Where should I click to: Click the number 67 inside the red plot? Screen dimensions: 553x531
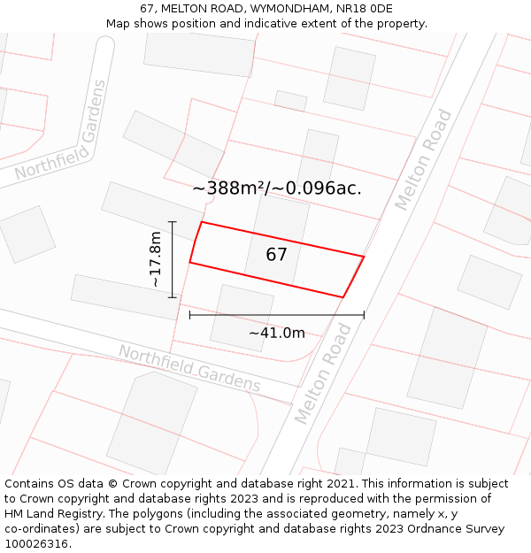pos(276,255)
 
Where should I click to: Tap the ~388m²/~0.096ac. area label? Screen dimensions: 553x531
pos(276,188)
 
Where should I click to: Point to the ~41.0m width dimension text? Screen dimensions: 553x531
pos(276,333)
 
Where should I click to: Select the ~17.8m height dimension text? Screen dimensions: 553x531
pos(156,259)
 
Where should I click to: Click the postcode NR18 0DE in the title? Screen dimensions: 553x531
pos(366,9)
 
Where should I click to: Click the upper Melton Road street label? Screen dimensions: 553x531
pos(423,160)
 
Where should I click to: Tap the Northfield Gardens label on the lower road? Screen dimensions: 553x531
pos(189,369)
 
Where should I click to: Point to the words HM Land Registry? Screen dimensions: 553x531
pos(51,514)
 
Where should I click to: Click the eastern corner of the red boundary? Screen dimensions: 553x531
pos(364,257)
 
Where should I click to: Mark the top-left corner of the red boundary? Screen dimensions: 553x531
pos(202,222)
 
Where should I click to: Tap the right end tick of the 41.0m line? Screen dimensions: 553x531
pos(364,314)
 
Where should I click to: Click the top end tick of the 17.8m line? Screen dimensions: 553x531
pos(173,222)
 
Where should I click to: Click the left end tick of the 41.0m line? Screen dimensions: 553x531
pos(190,314)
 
